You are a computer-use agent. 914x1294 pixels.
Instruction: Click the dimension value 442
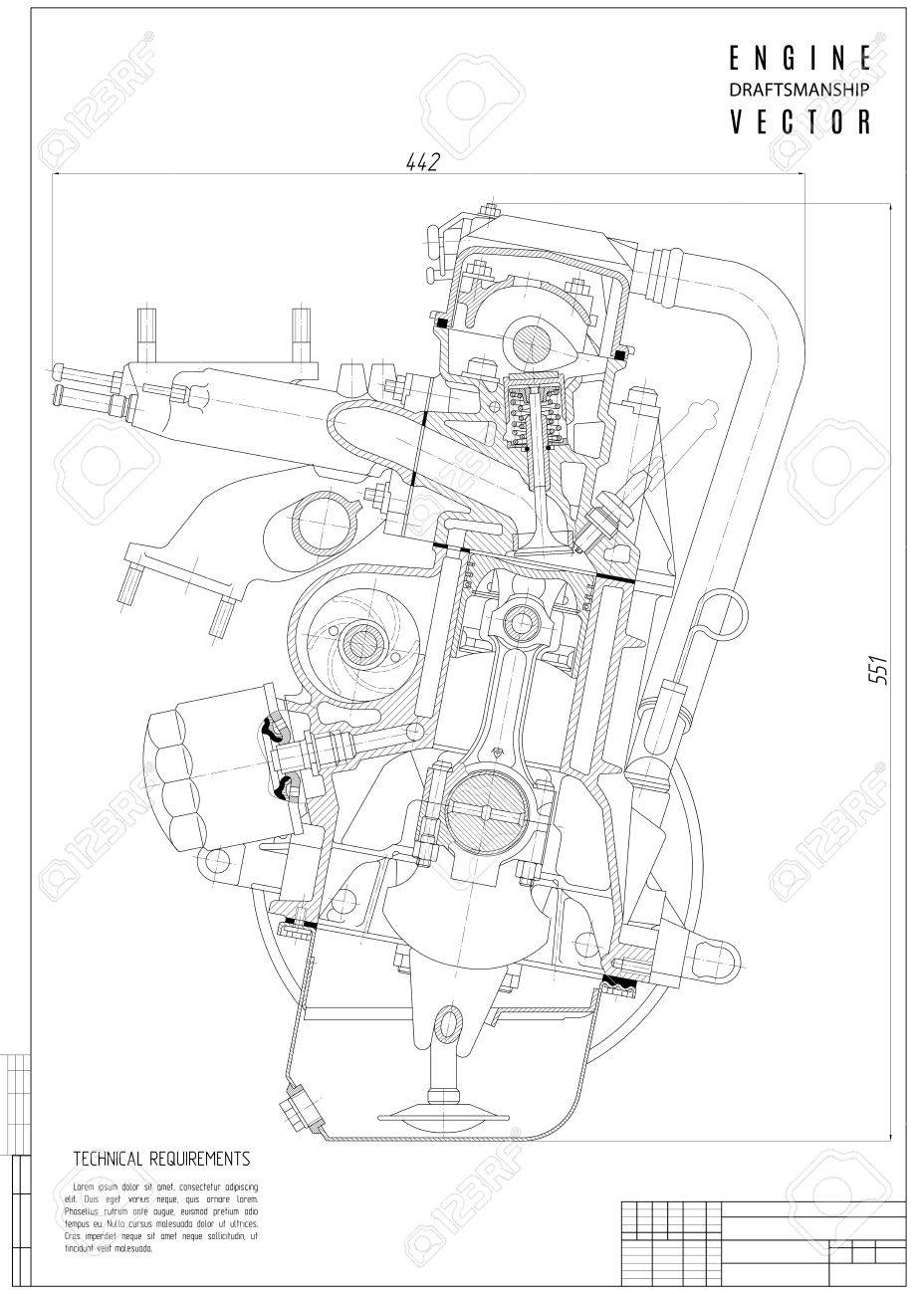coord(422,162)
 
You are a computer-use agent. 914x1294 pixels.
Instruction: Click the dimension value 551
coord(873,673)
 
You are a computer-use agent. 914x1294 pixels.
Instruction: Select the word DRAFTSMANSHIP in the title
coord(801,89)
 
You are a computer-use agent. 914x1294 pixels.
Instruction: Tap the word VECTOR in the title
coord(801,121)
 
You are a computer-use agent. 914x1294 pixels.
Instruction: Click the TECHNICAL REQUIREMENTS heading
coord(161,1159)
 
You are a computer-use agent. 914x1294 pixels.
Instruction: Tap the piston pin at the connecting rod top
coord(519,624)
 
